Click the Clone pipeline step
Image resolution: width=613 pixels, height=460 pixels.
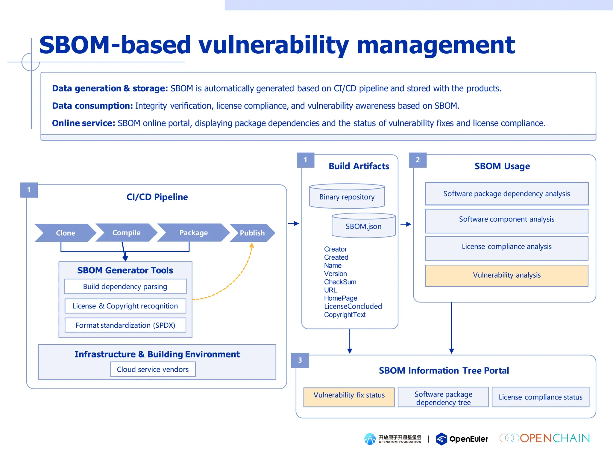pos(65,233)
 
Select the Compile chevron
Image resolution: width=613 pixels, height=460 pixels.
pos(126,233)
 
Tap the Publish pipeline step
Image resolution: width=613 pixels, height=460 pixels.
pos(252,233)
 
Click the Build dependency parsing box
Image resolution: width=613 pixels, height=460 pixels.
pos(125,287)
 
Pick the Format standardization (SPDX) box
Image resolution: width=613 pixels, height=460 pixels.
pos(125,325)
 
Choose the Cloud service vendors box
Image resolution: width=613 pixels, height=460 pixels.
pos(153,369)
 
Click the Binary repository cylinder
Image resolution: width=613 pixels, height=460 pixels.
pos(347,197)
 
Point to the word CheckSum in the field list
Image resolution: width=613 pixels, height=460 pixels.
pos(340,282)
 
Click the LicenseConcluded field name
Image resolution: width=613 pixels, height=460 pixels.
pos(353,306)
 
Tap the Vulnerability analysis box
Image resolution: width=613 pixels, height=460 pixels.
pos(506,275)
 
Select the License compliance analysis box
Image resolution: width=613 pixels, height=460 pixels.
pos(506,247)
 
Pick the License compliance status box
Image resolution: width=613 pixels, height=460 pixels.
pos(540,397)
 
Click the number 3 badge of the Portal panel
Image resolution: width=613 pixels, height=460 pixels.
pos(300,360)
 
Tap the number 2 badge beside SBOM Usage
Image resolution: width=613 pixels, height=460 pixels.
pos(418,160)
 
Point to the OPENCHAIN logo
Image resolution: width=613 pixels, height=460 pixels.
pos(545,438)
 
